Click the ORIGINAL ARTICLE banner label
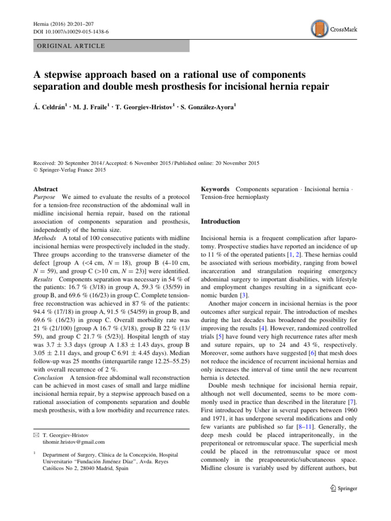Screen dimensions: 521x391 pyautogui.click(x=68, y=46)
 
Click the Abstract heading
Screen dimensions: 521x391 pyautogui.click(x=45, y=189)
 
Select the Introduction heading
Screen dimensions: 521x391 pyautogui.click(x=220, y=222)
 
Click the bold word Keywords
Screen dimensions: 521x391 pyautogui.click(x=215, y=189)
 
